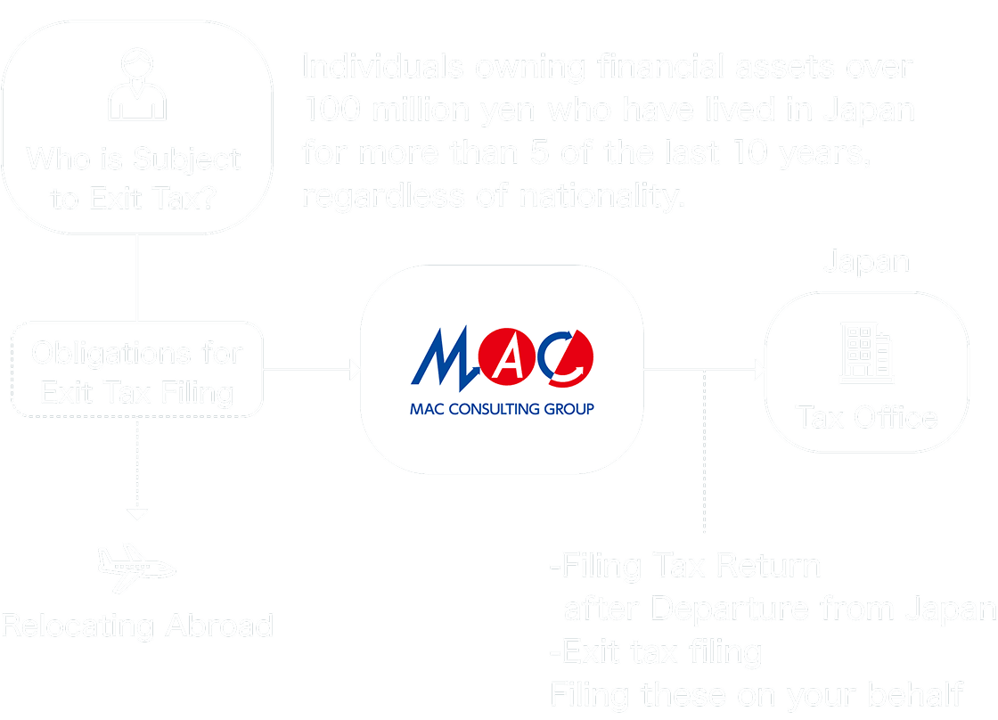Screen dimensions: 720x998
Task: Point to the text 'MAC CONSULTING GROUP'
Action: (x=502, y=411)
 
